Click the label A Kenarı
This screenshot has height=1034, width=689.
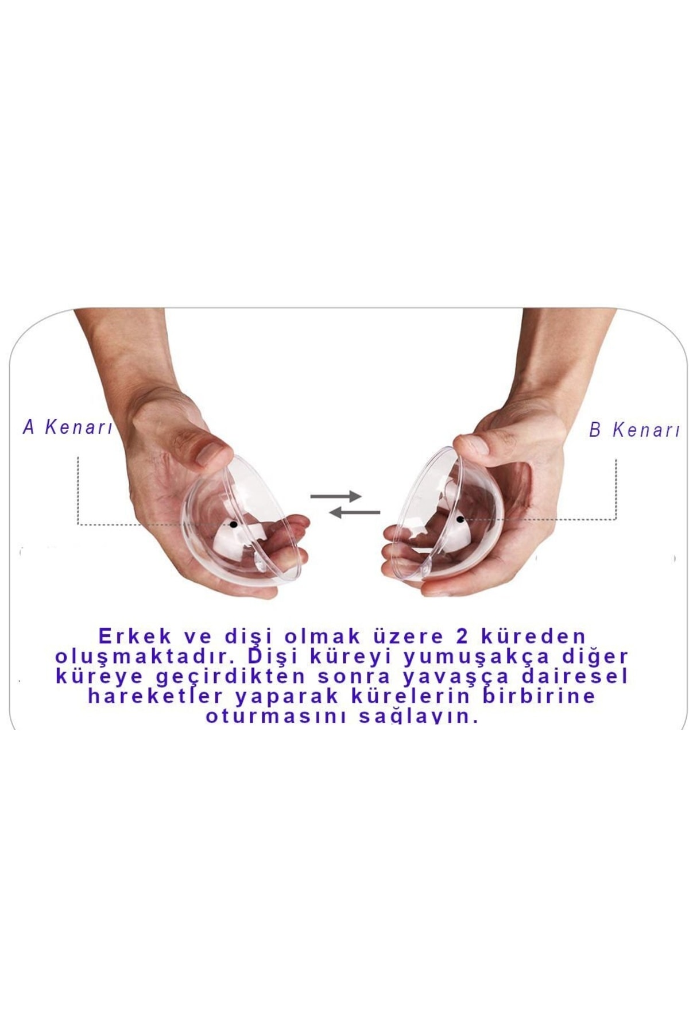pos(67,427)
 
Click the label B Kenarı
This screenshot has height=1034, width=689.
pos(634,430)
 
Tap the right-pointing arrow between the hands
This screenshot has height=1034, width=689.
pos(336,496)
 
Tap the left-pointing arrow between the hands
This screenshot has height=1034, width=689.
pos(355,512)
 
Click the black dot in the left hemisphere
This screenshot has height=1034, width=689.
pos(233,524)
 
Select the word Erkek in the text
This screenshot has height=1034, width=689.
pos(136,636)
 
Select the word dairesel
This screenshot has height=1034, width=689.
pos(571,677)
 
